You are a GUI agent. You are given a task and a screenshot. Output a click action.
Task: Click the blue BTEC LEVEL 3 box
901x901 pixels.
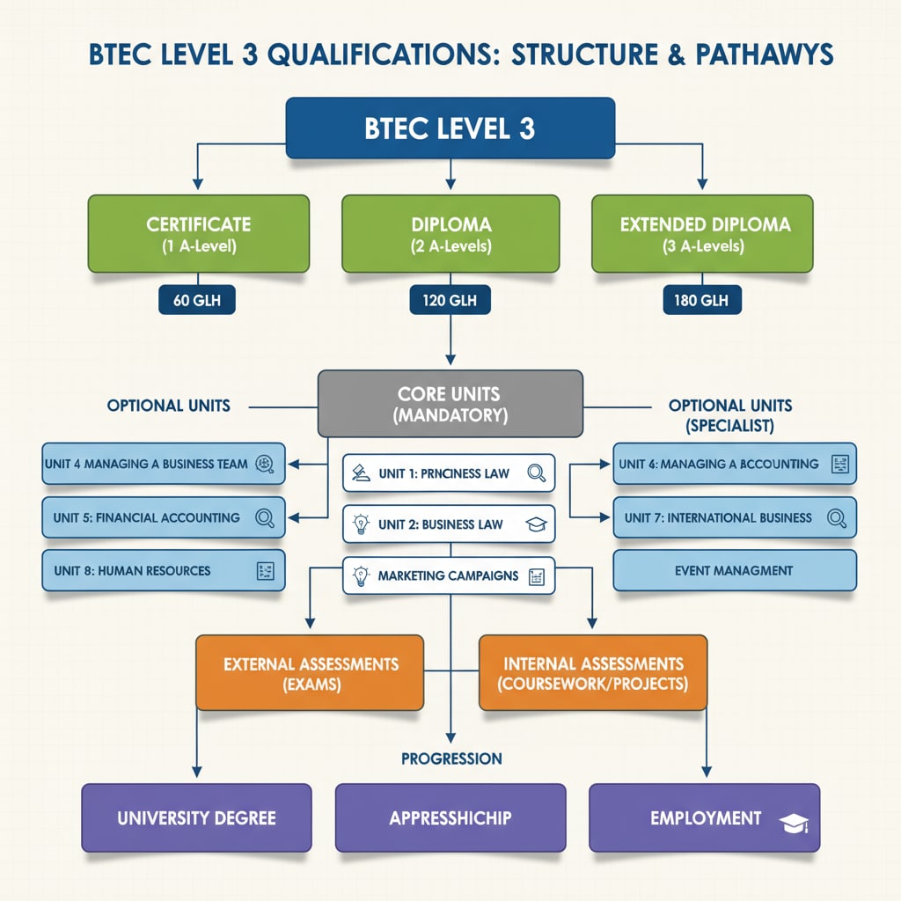click(450, 128)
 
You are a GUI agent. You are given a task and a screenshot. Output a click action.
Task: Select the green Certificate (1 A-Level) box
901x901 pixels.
click(198, 233)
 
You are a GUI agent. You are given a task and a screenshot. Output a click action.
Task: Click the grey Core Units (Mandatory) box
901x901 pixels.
click(450, 403)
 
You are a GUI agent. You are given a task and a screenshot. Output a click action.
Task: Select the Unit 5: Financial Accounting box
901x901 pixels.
click(163, 517)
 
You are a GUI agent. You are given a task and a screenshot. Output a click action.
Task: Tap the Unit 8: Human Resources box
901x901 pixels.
click(163, 571)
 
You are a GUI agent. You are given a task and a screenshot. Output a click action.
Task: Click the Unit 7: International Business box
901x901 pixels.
click(734, 517)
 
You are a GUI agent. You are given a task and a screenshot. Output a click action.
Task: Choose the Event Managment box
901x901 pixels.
click(734, 571)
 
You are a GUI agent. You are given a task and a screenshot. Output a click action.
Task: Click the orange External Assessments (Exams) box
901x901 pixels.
click(311, 672)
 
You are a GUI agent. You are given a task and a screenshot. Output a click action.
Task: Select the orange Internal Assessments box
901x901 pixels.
click(592, 672)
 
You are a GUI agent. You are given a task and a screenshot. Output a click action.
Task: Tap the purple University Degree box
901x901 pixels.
click(196, 818)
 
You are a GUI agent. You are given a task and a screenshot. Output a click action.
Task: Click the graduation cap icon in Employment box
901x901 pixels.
click(793, 823)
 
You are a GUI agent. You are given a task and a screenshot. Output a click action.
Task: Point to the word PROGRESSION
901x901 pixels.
click(451, 758)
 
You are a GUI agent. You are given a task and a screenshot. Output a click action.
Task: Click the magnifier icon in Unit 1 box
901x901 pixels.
click(536, 473)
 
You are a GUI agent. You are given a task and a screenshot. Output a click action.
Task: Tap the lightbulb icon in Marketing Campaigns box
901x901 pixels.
click(359, 576)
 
